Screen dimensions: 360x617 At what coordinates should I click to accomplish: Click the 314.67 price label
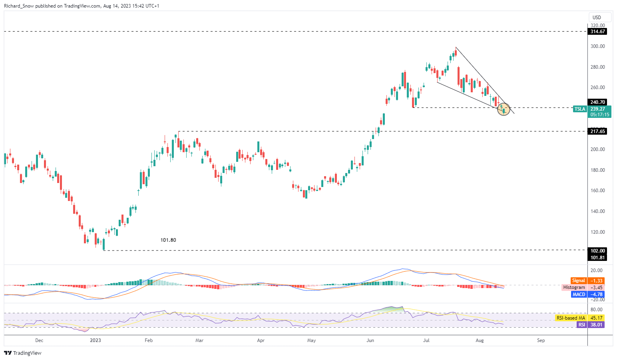[597, 32]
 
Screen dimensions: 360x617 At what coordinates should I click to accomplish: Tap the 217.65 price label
[597, 131]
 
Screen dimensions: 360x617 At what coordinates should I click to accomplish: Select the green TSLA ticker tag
[579, 109]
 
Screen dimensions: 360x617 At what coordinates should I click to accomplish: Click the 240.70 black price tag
[597, 102]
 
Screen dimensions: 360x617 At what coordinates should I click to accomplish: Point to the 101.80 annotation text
[168, 240]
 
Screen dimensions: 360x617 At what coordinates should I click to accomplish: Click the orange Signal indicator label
[578, 281]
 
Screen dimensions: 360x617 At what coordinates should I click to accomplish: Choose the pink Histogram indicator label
[574, 288]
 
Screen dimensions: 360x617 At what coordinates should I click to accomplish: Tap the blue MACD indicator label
[579, 294]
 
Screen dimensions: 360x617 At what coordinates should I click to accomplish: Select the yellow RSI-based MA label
[570, 318]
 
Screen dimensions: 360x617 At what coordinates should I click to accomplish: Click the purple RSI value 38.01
[596, 325]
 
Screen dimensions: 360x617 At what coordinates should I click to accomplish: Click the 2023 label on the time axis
[96, 340]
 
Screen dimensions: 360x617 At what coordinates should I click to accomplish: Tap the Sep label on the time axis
[541, 340]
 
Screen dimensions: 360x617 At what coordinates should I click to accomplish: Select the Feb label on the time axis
[149, 340]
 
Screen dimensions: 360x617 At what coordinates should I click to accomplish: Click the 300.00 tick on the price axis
[597, 46]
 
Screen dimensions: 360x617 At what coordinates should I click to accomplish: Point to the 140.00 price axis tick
[597, 211]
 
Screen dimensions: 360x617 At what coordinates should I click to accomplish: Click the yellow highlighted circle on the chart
[504, 109]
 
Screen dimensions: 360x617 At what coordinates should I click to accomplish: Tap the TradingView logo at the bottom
[23, 353]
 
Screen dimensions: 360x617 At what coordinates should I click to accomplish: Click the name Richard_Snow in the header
[19, 6]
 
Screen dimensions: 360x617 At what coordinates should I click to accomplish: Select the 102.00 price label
[597, 251]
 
